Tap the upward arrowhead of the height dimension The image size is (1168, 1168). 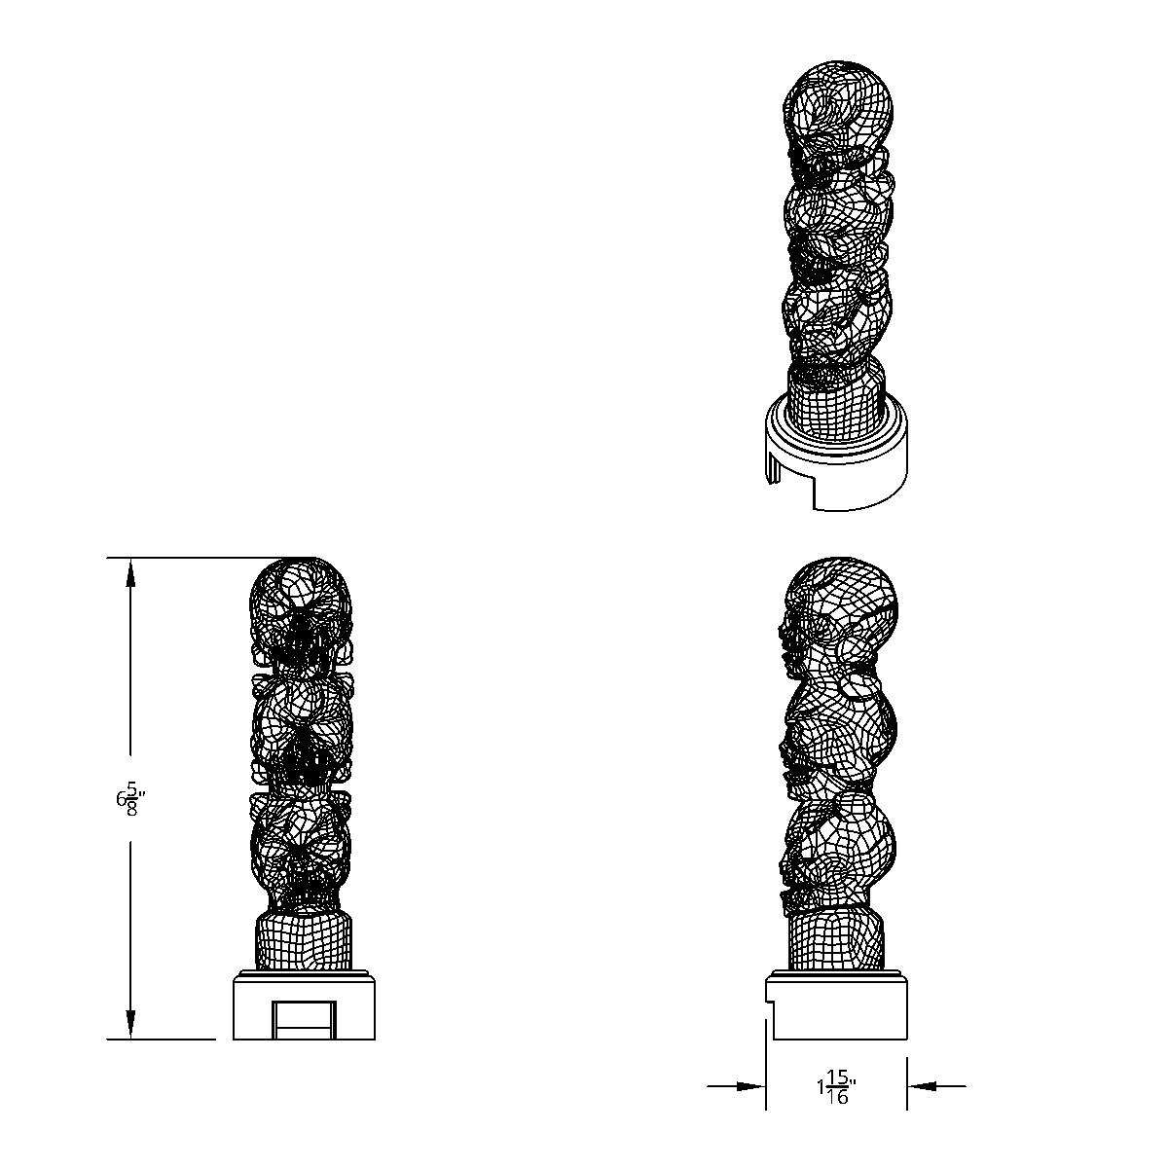129,573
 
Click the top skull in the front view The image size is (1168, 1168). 300,608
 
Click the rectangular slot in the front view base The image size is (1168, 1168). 303,1019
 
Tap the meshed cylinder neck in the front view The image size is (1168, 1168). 303,941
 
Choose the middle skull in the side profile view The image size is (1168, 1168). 839,735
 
